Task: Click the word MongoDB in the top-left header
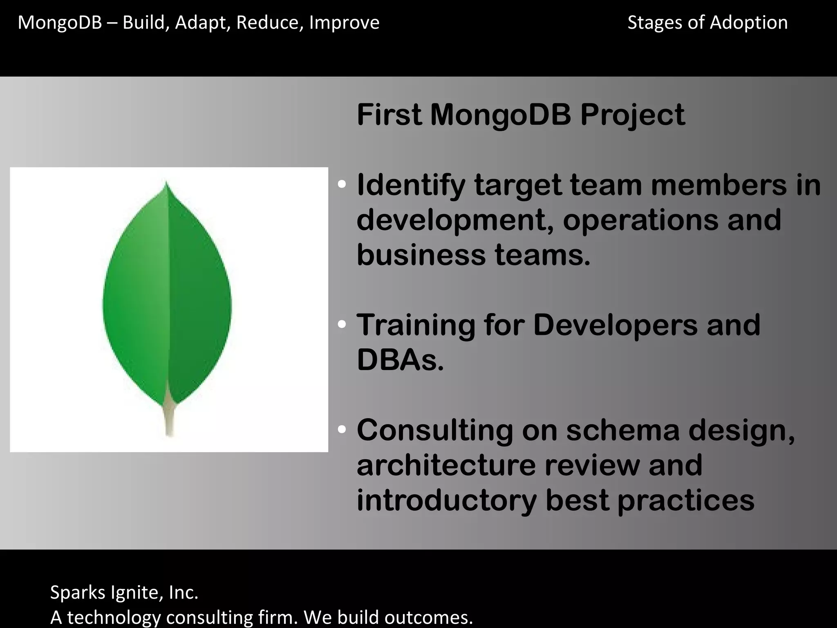pyautogui.click(x=60, y=22)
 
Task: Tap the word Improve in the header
pyautogui.click(x=344, y=22)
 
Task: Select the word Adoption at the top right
pyautogui.click(x=749, y=22)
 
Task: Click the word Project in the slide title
pyautogui.click(x=633, y=115)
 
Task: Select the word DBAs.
pyautogui.click(x=400, y=360)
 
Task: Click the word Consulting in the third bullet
pyautogui.click(x=434, y=430)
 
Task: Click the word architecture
pyautogui.click(x=446, y=465)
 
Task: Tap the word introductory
pyautogui.click(x=446, y=500)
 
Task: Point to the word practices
pyautogui.click(x=686, y=500)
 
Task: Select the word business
pyautogui.click(x=421, y=255)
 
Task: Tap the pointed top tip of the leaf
pyautogui.click(x=166, y=184)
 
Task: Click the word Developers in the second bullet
pyautogui.click(x=615, y=325)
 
